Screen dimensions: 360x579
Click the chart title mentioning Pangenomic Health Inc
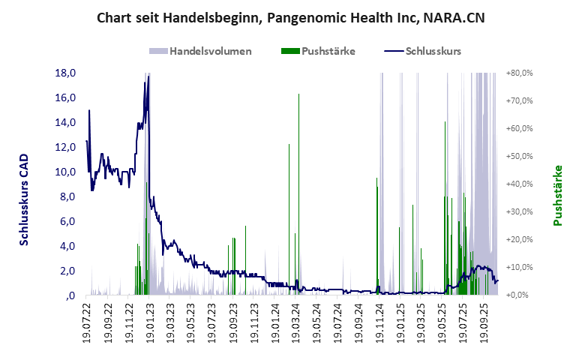(289, 17)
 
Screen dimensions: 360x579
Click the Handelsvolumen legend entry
(201, 51)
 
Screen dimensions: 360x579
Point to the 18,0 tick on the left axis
(66, 73)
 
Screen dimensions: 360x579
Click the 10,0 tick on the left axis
(66, 172)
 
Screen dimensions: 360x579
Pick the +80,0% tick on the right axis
(519, 73)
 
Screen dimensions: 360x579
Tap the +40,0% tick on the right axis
(519, 184)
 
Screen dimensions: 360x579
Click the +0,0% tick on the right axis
(520, 295)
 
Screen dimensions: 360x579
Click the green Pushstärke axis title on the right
(557, 196)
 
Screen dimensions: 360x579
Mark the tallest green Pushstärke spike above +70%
(298, 95)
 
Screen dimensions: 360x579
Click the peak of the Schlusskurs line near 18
(148, 76)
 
